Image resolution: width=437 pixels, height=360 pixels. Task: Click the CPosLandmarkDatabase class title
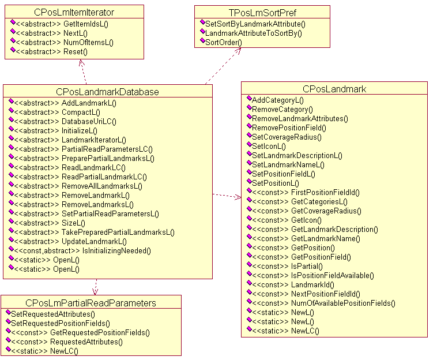[x=107, y=92]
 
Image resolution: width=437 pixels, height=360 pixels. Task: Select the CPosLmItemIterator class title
[x=75, y=12]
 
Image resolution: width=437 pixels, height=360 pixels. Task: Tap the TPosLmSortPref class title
[x=262, y=12]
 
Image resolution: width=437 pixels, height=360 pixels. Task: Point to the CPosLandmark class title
[x=334, y=89]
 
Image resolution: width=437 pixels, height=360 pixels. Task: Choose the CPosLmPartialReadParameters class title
[x=91, y=303]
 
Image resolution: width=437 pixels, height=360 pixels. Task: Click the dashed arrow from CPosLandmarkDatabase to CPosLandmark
[x=227, y=196]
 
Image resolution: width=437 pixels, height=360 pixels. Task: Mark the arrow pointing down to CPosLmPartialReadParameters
[x=95, y=287]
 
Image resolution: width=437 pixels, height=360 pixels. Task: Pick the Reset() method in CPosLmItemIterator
[x=75, y=51]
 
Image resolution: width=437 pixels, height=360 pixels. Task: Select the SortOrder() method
[x=224, y=42]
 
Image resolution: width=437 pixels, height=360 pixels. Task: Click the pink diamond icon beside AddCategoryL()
[x=248, y=99]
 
